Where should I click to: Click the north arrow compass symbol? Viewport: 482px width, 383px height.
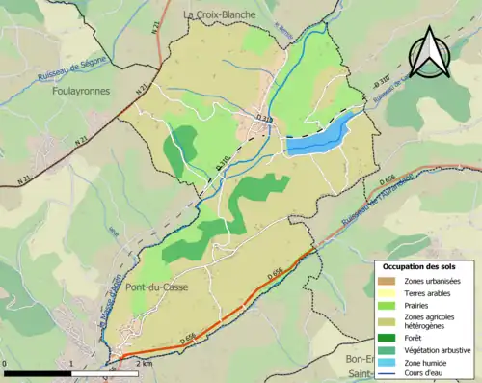430,52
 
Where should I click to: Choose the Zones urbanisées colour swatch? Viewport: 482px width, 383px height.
386,281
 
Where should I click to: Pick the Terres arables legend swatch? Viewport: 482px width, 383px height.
386,293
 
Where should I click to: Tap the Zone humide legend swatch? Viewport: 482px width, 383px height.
386,364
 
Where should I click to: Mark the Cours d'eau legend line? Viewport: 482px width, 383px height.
386,375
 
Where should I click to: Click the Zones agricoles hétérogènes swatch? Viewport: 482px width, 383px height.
386,322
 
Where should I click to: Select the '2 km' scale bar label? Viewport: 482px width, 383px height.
144,363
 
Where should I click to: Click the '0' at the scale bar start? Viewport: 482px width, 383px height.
6,363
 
